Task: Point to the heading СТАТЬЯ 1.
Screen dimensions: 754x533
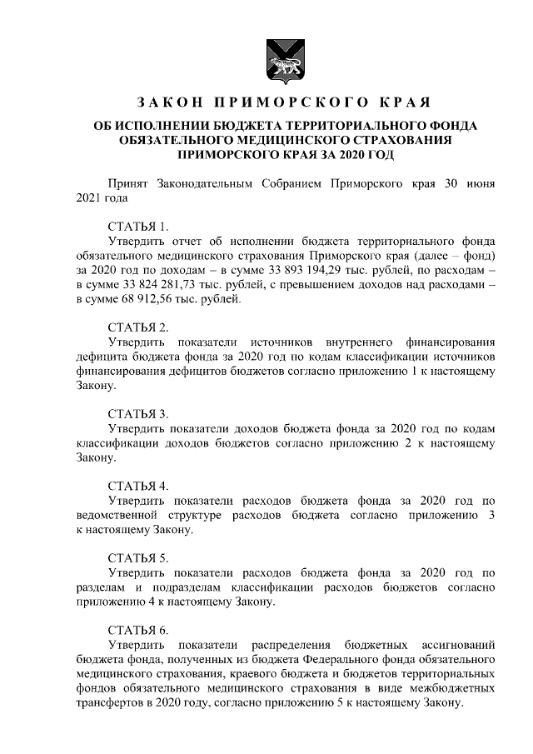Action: coord(138,226)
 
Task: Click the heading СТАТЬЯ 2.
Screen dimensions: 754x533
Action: coord(138,326)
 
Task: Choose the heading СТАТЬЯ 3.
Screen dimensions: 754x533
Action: coord(138,413)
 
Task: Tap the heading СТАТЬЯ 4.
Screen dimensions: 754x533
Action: coord(138,485)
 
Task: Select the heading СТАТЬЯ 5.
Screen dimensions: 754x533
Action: coord(138,557)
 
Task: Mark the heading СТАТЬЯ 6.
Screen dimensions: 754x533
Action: coord(138,630)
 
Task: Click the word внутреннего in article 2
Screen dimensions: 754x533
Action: coord(354,342)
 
